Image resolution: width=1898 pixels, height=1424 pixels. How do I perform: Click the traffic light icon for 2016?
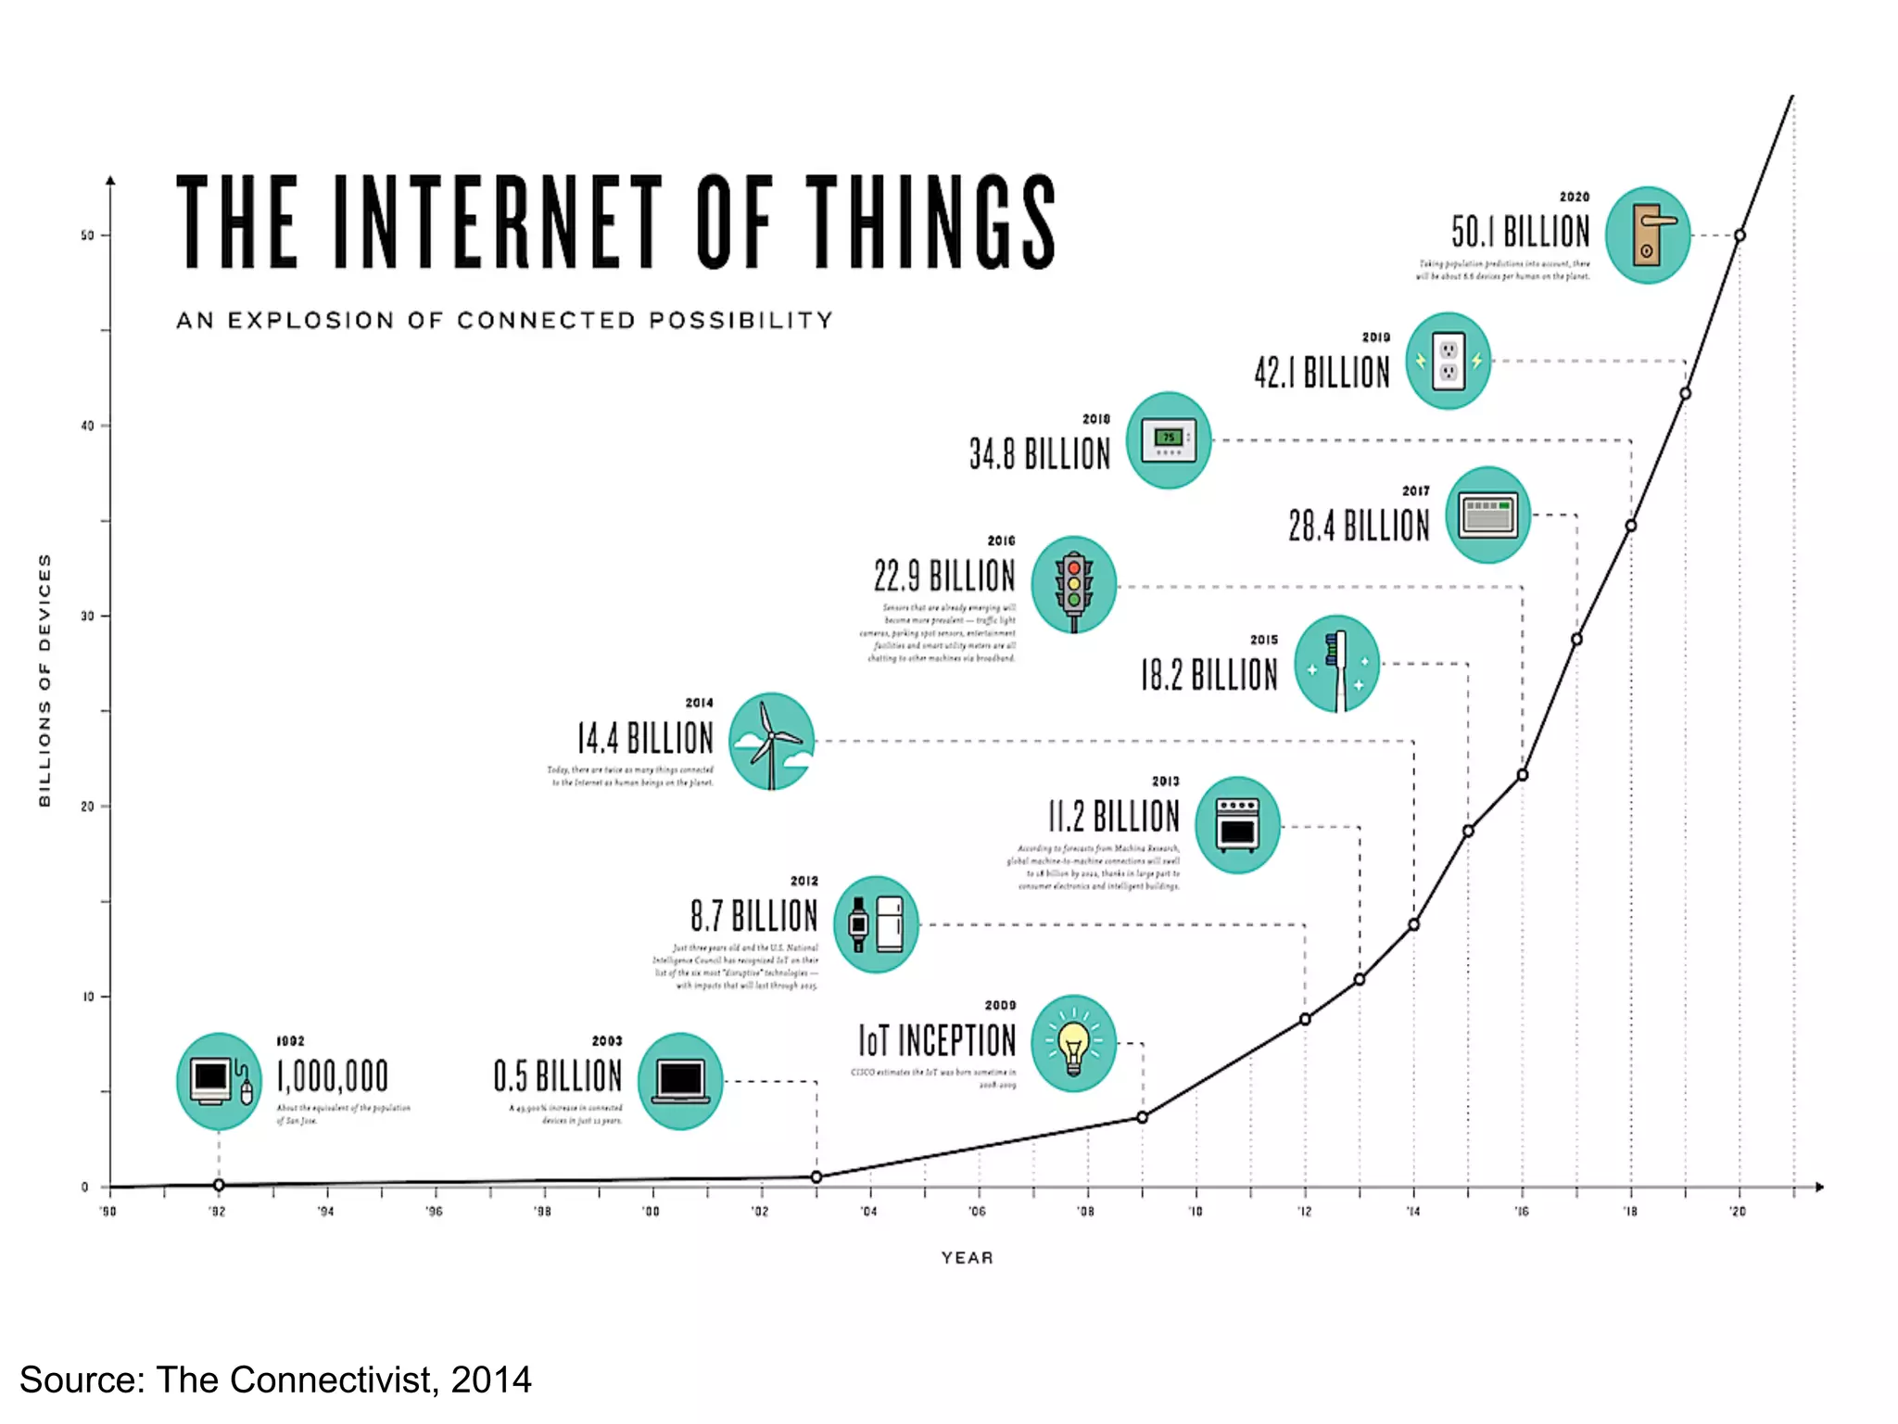coord(1073,585)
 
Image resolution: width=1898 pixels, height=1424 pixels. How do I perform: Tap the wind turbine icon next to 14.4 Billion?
coord(771,741)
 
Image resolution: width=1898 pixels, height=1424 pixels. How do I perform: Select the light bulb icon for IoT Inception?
coord(1073,1043)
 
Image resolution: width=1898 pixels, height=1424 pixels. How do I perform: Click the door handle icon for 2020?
coord(1648,235)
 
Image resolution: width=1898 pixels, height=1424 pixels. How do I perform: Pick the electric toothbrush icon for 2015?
coord(1336,664)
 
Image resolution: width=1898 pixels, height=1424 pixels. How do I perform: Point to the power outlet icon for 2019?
coord(1448,361)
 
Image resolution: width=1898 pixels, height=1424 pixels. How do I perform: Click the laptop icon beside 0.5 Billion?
coord(680,1081)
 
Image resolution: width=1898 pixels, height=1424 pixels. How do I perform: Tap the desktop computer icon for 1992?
coord(219,1081)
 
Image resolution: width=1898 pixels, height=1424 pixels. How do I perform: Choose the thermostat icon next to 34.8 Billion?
coord(1168,440)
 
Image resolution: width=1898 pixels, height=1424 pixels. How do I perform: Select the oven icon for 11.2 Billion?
coord(1237,825)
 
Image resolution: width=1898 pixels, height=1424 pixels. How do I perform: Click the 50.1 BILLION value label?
coord(1520,232)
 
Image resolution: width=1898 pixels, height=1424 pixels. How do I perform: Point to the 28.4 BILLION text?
coord(1359,526)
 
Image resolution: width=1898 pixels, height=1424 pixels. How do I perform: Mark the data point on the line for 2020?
coord(1740,235)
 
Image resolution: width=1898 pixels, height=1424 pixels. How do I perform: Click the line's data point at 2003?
coord(816,1176)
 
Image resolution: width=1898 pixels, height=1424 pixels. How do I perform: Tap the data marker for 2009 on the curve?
coord(1143,1117)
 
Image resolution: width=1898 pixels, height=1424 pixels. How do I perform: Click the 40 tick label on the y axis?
coord(88,426)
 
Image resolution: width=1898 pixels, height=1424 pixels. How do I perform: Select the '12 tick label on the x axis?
coord(1304,1212)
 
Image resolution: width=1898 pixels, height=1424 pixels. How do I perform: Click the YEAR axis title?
coord(967,1257)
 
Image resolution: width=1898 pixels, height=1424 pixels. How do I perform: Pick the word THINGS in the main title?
coord(930,222)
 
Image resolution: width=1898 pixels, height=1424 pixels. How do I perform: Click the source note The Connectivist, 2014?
coord(275,1379)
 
